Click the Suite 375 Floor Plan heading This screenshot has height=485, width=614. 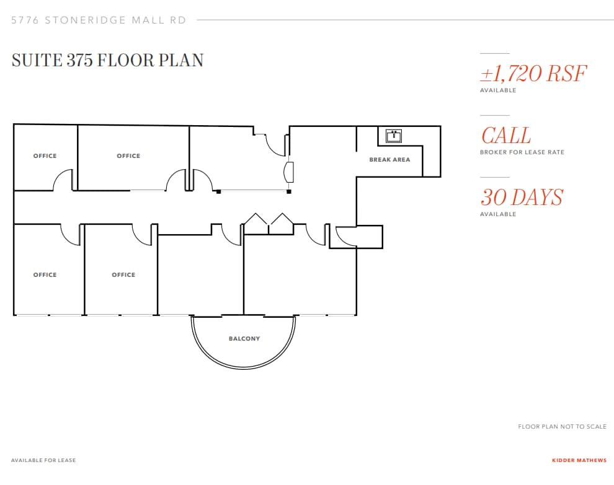[x=107, y=60]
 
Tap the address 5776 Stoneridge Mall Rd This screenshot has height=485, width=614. [x=99, y=20]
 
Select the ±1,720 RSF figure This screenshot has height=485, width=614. [x=533, y=74]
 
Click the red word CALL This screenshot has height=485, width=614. [x=505, y=136]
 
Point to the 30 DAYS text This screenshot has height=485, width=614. [x=522, y=198]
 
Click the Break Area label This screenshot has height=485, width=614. [x=389, y=160]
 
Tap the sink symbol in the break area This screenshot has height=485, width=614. [x=393, y=135]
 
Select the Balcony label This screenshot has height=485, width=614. [x=244, y=339]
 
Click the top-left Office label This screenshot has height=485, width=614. [x=45, y=156]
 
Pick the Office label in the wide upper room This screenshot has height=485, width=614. [x=128, y=156]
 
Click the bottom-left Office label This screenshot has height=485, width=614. [x=45, y=275]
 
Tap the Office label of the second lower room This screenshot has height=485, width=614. [x=123, y=275]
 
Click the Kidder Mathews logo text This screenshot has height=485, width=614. [x=579, y=460]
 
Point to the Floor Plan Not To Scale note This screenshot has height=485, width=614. [x=562, y=427]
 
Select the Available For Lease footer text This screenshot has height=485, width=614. [x=43, y=460]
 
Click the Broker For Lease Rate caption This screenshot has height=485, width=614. [x=522, y=152]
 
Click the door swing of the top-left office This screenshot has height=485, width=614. [x=63, y=181]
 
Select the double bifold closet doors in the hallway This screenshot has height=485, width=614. [x=269, y=224]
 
